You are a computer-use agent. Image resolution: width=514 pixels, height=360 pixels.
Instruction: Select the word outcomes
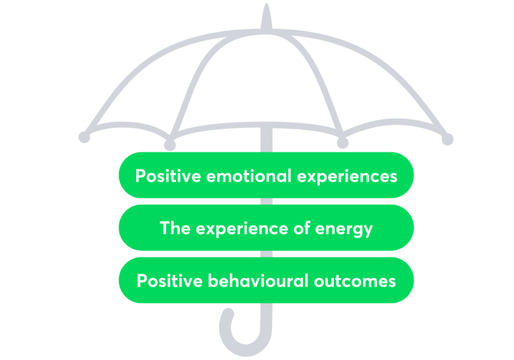[355, 280]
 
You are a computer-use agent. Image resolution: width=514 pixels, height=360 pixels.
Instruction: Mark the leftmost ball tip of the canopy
[84, 137]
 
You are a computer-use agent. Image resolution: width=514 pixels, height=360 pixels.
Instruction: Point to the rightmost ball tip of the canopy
[447, 139]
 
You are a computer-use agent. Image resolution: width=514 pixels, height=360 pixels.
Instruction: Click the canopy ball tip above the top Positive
[170, 145]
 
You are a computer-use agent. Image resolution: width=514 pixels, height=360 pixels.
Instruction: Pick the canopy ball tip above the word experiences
[342, 143]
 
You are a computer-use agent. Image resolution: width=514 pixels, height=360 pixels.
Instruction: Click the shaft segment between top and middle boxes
[267, 201]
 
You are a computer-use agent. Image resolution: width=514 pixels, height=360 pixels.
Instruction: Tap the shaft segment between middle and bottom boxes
[267, 254]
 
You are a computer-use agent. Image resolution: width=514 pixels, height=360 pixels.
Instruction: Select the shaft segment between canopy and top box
[267, 141]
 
